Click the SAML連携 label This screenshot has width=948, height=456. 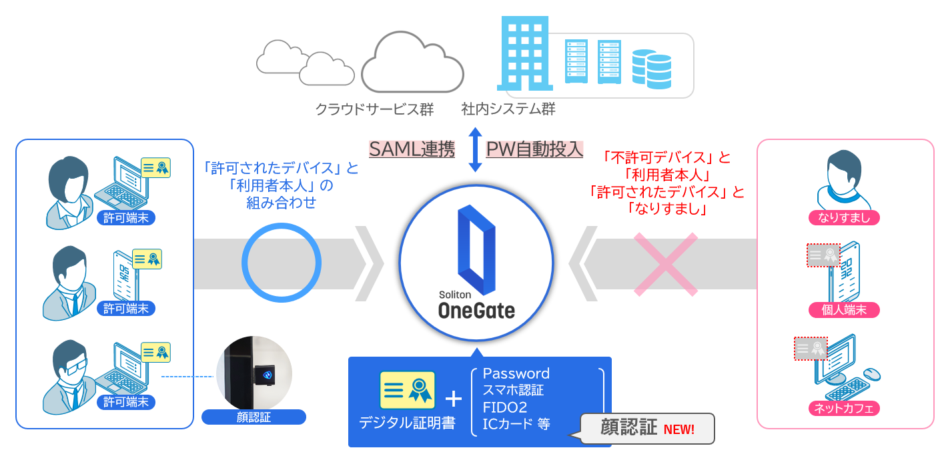coord(412,149)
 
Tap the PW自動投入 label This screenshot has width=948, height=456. coord(534,149)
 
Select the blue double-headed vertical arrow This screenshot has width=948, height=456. coord(474,149)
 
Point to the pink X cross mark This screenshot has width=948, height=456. coord(665,264)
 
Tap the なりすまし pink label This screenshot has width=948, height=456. coord(844,217)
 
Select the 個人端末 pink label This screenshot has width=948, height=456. coord(844,309)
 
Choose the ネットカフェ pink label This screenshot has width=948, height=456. coord(844,407)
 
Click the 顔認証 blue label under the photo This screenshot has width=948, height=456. coord(254,417)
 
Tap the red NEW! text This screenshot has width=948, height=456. coord(678,429)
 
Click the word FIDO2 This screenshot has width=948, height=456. coord(505,407)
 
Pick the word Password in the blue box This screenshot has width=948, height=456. coord(516,373)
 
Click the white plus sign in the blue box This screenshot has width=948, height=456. coord(453,399)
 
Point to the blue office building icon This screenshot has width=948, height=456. coord(524,53)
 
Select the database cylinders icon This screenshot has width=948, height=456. coord(651,68)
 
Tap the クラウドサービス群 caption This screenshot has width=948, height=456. coord(374,109)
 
